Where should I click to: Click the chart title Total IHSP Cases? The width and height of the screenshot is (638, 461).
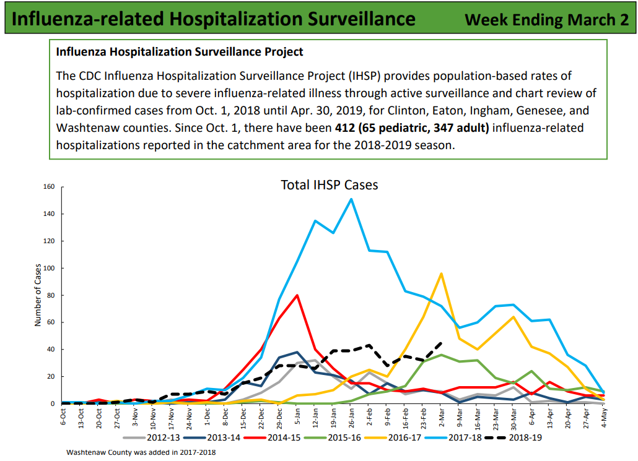tap(329, 184)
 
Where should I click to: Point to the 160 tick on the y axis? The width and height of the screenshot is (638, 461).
tap(50, 187)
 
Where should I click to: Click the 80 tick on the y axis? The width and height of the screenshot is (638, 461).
tap(51, 295)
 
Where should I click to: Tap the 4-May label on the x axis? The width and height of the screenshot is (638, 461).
tap(605, 418)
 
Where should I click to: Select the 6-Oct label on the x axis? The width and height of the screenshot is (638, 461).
tap(63, 418)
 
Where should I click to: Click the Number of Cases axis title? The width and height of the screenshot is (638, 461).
tap(38, 295)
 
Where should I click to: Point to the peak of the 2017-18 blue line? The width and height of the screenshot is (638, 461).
tap(352, 199)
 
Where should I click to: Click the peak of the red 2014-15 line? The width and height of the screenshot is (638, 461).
tap(297, 295)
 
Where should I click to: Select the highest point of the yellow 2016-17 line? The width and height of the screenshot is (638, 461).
tap(441, 274)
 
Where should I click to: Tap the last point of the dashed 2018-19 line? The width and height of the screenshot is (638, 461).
tap(441, 342)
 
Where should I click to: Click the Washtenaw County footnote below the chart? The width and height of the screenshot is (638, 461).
tap(141, 452)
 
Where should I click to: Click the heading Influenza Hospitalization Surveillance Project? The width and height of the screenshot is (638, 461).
tap(180, 52)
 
